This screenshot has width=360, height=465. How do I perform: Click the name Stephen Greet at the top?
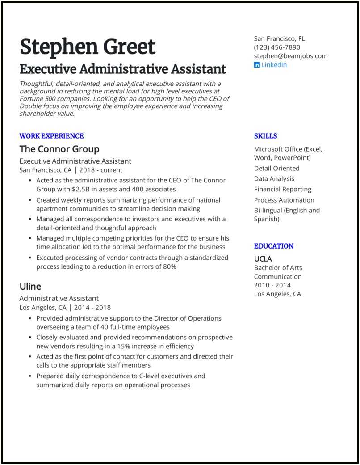click(x=88, y=47)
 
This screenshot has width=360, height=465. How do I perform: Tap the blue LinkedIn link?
click(x=274, y=65)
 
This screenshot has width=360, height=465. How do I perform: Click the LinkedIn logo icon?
click(x=257, y=65)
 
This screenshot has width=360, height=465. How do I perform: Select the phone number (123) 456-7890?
click(x=277, y=47)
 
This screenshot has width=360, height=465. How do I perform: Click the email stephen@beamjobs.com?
click(x=290, y=56)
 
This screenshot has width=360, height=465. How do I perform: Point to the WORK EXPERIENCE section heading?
click(x=51, y=136)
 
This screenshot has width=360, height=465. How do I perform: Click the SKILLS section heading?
click(x=265, y=136)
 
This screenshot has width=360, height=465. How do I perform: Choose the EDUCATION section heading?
click(x=274, y=246)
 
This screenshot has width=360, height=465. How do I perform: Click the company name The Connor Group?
click(x=59, y=149)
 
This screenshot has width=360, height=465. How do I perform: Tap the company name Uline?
click(x=30, y=286)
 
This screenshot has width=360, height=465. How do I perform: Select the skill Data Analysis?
click(x=274, y=179)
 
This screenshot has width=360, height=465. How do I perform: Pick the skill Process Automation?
click(x=284, y=200)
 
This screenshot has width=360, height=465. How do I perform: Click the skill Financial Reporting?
click(x=283, y=189)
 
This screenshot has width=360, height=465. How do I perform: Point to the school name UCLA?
click(x=263, y=258)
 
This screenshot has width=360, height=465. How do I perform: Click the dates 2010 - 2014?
click(x=272, y=285)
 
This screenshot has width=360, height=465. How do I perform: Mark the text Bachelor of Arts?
click(x=278, y=268)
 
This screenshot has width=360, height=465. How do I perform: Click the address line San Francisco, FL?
click(x=280, y=38)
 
